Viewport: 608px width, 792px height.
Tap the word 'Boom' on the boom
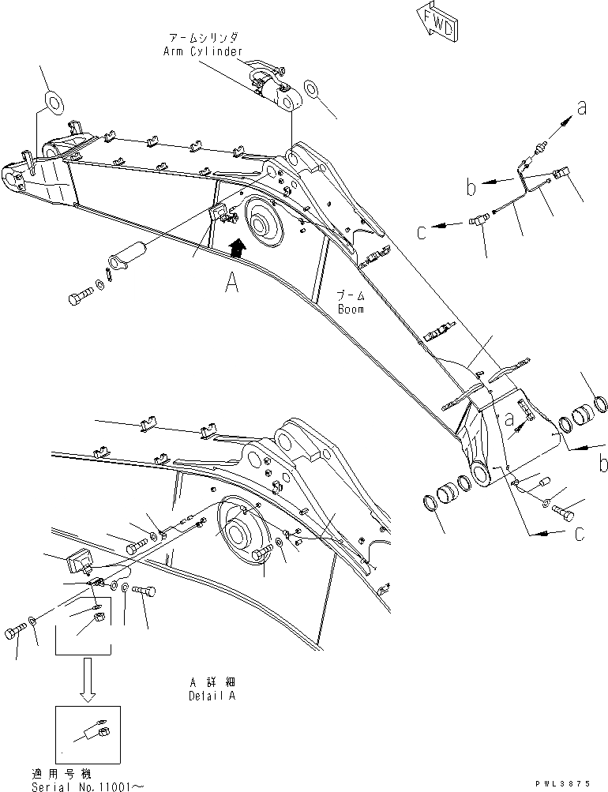[351, 310]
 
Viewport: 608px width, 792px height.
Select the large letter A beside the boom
[231, 282]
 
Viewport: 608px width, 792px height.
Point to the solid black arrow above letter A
[235, 250]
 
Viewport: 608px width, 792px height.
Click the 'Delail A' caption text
[211, 696]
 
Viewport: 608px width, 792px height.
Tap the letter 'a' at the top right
[582, 110]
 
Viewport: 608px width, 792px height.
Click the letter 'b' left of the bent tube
[471, 188]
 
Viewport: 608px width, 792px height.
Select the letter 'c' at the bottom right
[580, 535]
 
